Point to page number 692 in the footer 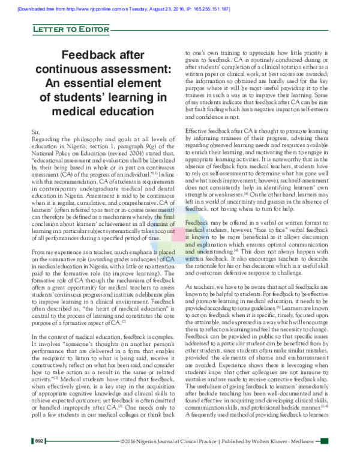40,457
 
